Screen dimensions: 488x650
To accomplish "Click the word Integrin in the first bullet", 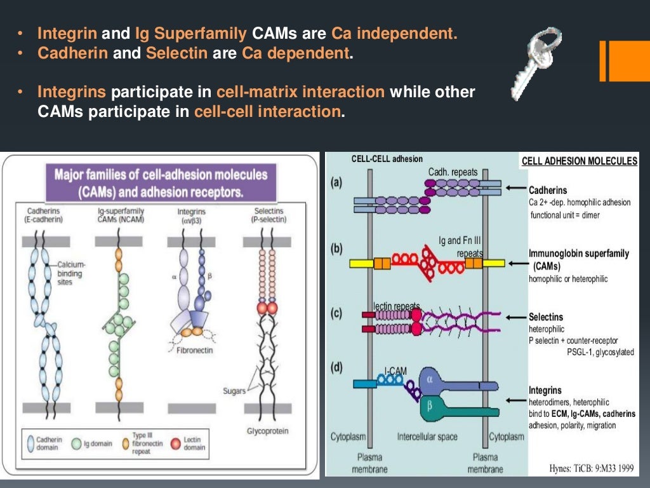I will pyautogui.click(x=67, y=34).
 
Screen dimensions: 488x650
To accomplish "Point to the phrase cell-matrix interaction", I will pyautogui.click(x=300, y=92).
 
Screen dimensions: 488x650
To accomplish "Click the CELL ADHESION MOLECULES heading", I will pyautogui.click(x=579, y=161).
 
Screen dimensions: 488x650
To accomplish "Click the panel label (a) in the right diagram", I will pyautogui.click(x=336, y=183).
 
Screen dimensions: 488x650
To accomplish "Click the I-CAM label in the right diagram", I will pyautogui.click(x=395, y=370).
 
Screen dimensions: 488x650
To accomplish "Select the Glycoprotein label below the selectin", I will pyautogui.click(x=267, y=431).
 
